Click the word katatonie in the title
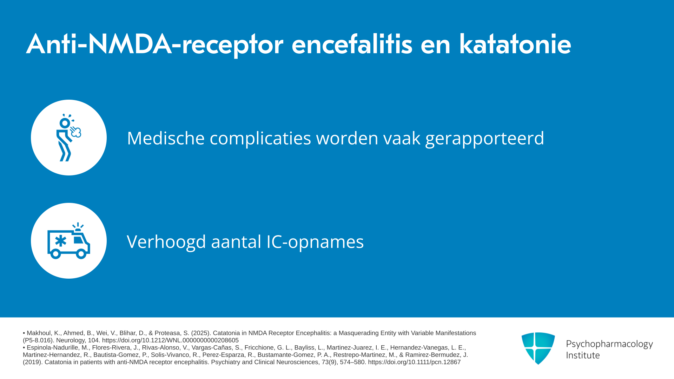pyautogui.click(x=515, y=44)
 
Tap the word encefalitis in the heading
pyautogui.click(x=352, y=44)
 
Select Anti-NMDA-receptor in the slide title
pyautogui.click(x=155, y=45)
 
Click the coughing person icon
pyautogui.click(x=69, y=138)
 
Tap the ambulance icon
pyautogui.click(x=69, y=241)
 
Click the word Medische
pyautogui.click(x=166, y=138)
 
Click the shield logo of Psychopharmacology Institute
pyautogui.click(x=538, y=348)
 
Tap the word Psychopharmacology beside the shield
pyautogui.click(x=609, y=344)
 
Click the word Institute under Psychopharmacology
pyautogui.click(x=583, y=355)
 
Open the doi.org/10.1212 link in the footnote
pyautogui.click(x=170, y=340)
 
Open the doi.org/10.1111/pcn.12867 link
pyautogui.click(x=414, y=362)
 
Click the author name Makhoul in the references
pyautogui.click(x=39, y=333)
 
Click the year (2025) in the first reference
pyautogui.click(x=201, y=333)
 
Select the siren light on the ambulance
pyautogui.click(x=78, y=227)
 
